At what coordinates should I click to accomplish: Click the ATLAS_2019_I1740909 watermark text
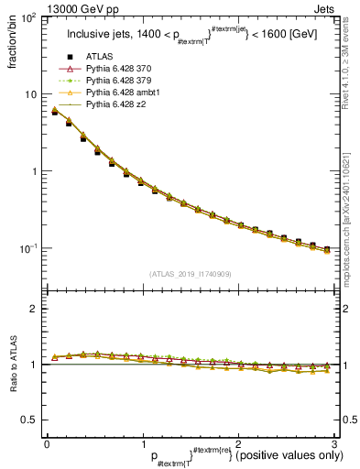pos(190,274)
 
